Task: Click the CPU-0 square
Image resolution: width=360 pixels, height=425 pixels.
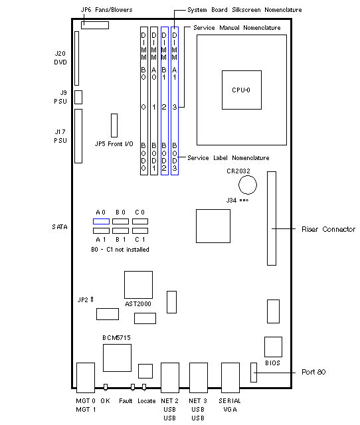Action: [x=242, y=90]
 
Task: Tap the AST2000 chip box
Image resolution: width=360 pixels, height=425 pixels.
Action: [x=138, y=285]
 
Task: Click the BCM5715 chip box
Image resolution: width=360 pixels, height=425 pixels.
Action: [x=117, y=358]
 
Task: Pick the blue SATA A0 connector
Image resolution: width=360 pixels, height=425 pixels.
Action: [x=101, y=221]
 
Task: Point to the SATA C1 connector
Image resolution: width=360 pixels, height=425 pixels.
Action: [x=140, y=230]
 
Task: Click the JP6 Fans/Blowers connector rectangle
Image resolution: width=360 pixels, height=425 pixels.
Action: [x=95, y=25]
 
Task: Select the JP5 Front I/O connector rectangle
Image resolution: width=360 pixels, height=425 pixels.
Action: [x=114, y=126]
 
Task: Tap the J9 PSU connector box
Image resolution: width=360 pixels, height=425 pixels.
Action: [x=78, y=97]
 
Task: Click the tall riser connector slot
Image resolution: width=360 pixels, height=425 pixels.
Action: [x=272, y=218]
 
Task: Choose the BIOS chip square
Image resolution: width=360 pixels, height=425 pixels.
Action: [x=273, y=347]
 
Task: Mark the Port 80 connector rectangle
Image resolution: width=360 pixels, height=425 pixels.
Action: [x=254, y=373]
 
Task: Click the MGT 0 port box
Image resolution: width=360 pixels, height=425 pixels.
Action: [x=86, y=378]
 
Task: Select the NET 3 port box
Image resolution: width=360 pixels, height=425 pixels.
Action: [x=199, y=378]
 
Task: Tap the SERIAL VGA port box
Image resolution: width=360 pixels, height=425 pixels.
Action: [x=230, y=378]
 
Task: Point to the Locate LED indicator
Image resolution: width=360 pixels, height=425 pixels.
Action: [x=144, y=387]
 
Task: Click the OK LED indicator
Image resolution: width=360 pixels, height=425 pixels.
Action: [x=106, y=387]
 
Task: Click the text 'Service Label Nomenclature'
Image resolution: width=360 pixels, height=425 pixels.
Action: [x=228, y=158]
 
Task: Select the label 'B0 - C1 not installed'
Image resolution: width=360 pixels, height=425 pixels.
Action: [x=120, y=250]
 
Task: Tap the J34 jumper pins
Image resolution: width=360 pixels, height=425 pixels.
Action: [x=244, y=201]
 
